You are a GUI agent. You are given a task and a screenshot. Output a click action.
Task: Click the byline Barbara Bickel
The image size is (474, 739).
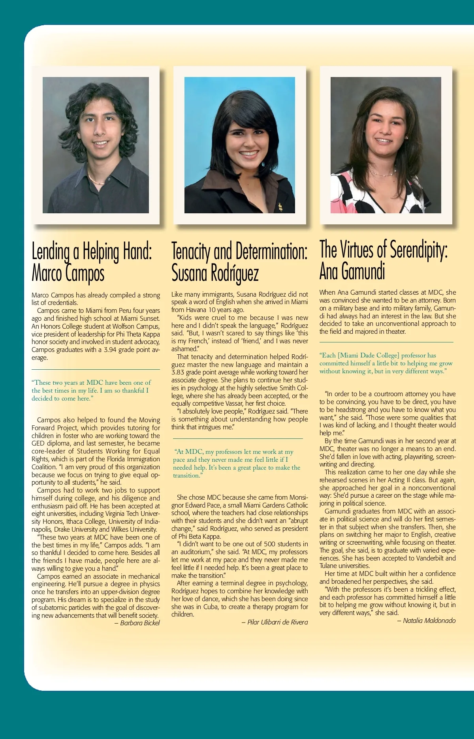pos(140,623)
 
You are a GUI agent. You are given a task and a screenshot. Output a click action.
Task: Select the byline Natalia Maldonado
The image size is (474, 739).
pos(429,621)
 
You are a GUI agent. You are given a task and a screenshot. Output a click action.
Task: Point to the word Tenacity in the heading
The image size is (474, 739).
pos(191,252)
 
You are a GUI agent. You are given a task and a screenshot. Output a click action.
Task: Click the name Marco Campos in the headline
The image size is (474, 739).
pos(68,273)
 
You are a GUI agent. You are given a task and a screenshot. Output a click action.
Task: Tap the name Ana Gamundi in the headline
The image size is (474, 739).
pos(352,271)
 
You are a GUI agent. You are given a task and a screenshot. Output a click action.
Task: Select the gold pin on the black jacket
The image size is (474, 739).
pos(280,207)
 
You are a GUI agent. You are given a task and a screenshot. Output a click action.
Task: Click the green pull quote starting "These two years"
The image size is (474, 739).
pos(91,390)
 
